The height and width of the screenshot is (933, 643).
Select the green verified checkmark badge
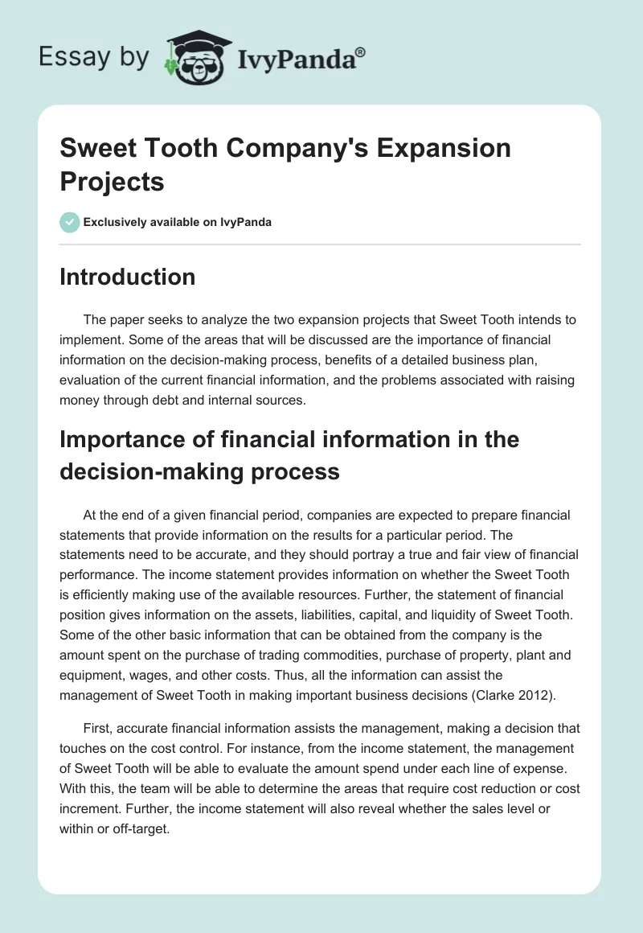coord(70,222)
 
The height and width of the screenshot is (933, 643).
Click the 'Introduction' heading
coord(128,277)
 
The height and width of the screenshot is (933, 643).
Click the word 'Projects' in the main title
coord(113,182)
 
